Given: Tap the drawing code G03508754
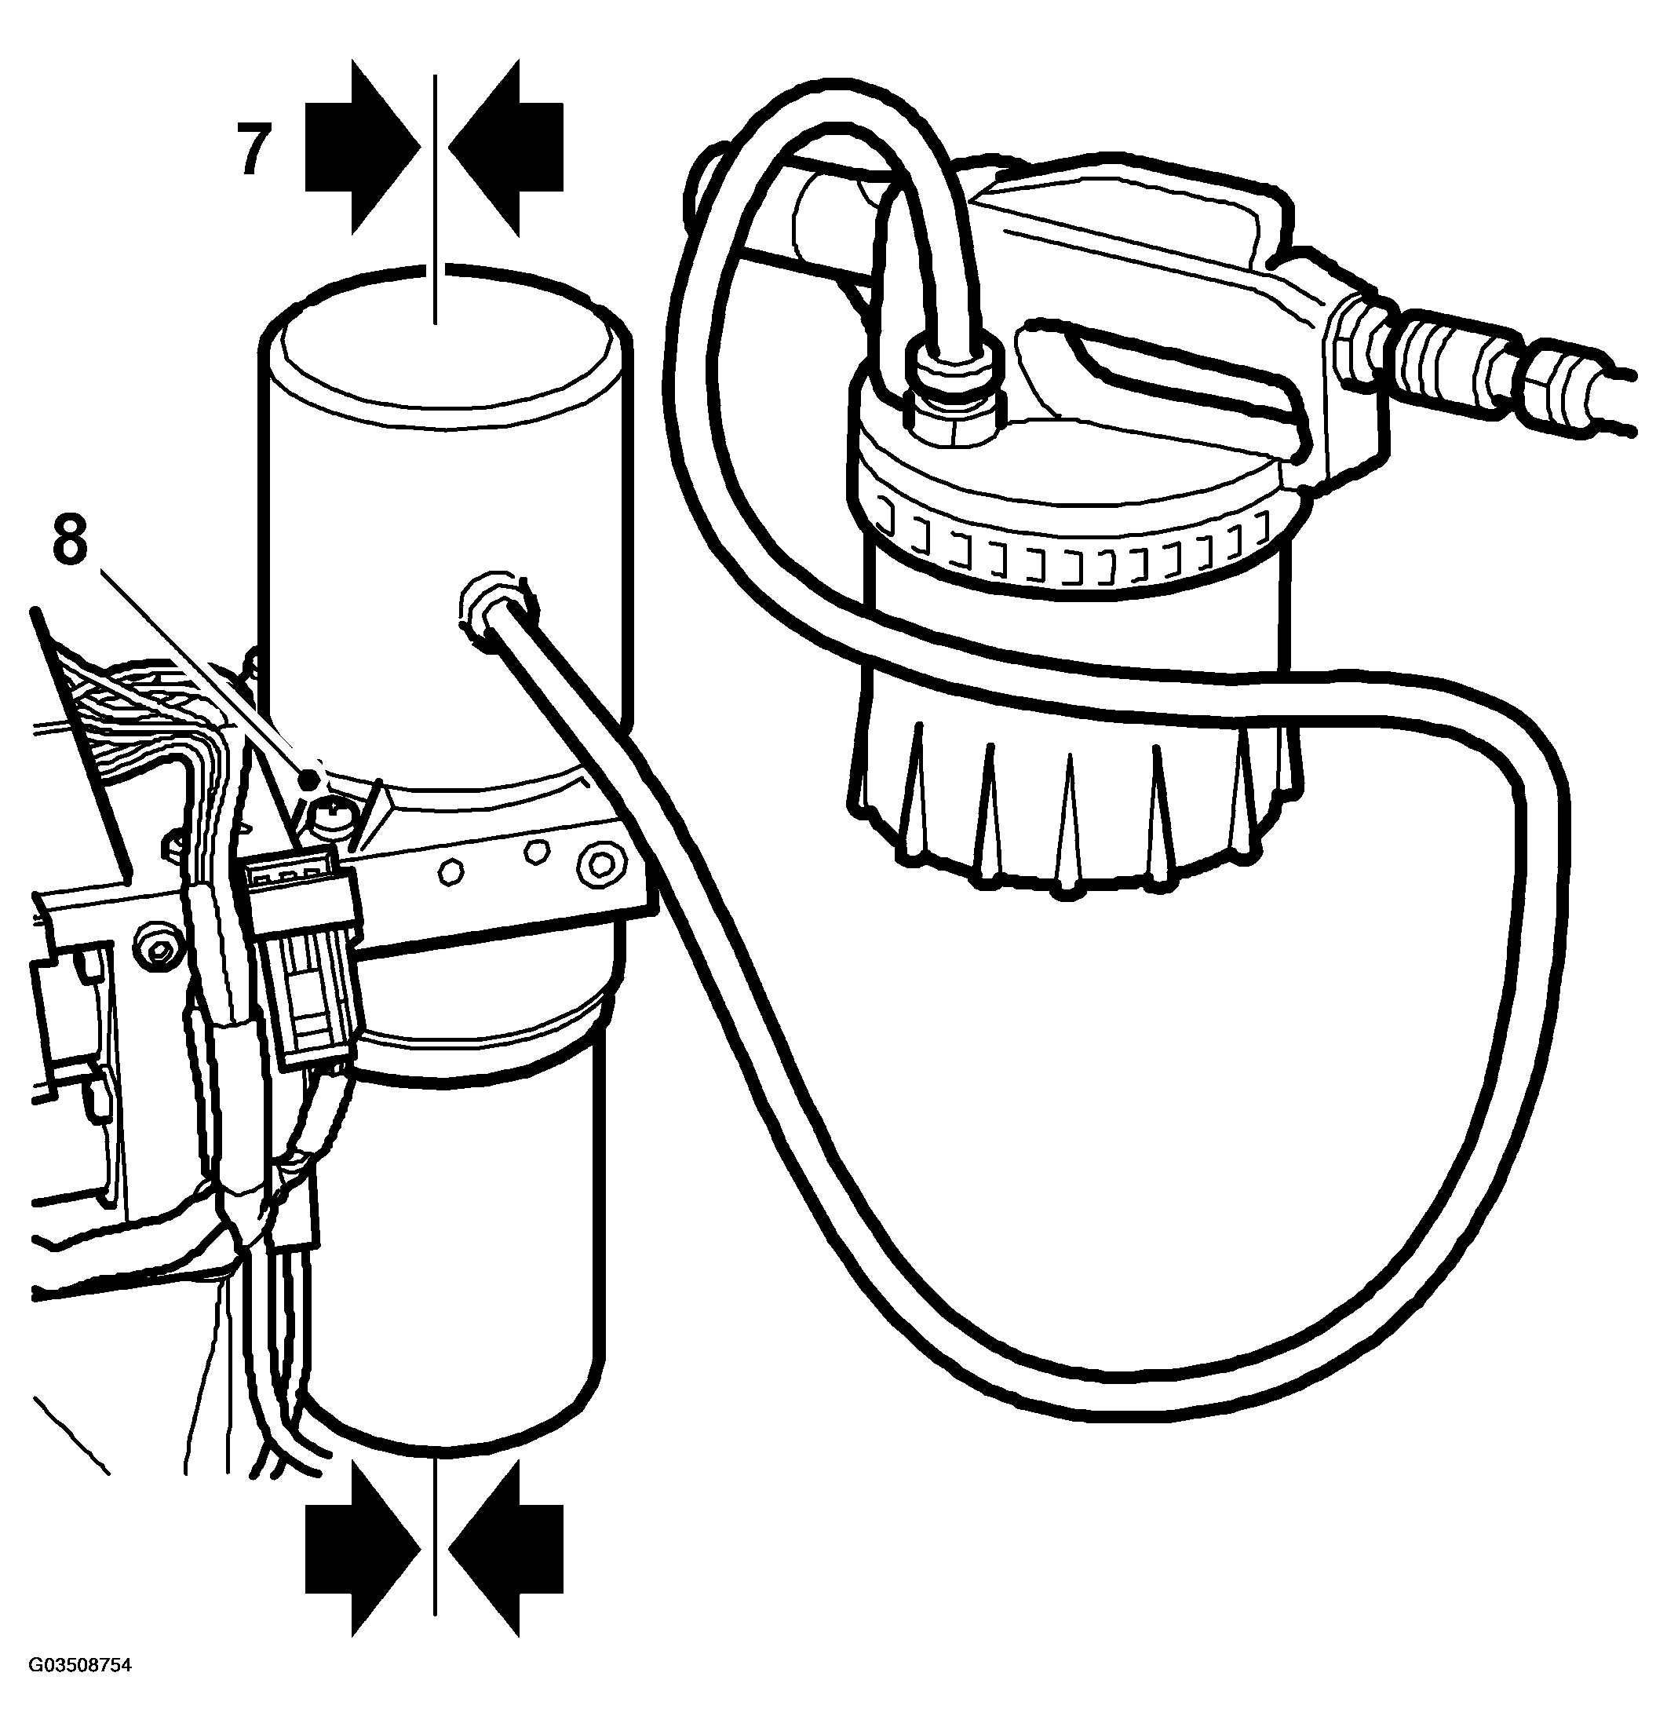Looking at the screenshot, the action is pos(80,1689).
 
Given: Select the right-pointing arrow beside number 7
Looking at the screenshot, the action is pos(363,147).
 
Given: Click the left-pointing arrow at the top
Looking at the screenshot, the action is pos(506,147).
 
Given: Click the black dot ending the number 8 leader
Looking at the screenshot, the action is pos(309,779).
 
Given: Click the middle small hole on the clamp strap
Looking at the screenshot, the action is pos(535,851).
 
